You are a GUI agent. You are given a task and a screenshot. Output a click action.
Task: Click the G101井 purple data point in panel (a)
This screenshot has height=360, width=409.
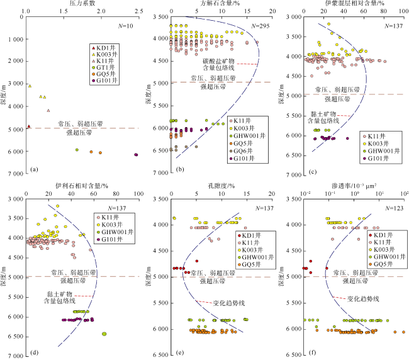point(136,154)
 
